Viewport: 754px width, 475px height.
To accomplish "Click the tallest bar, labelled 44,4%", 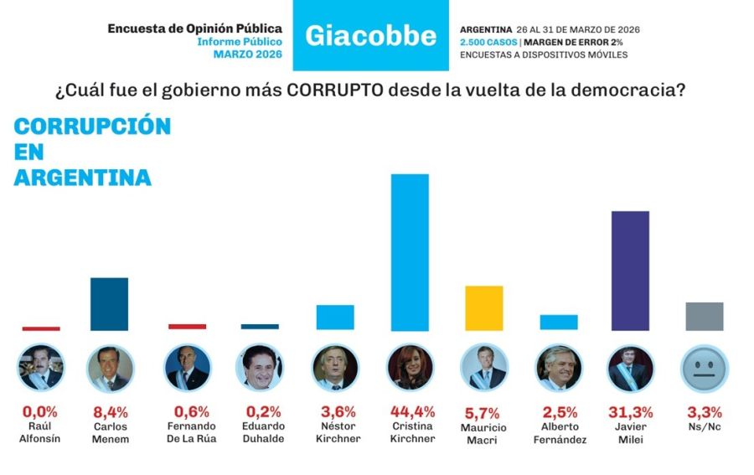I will tap(410, 252).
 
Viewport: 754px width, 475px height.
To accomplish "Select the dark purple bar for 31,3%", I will tap(630, 271).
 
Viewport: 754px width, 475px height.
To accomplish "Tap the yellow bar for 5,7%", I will tap(483, 307).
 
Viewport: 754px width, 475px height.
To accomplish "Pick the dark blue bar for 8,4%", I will tap(109, 303).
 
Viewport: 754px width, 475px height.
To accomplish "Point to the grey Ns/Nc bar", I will tap(704, 316).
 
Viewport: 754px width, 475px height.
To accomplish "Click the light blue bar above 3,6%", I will tap(335, 317).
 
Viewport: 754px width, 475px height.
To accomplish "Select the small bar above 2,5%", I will tap(559, 322).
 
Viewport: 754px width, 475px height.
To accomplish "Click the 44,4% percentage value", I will tap(410, 411).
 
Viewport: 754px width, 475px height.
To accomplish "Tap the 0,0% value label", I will tap(39, 411).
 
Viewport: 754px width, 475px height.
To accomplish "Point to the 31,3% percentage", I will tap(631, 411).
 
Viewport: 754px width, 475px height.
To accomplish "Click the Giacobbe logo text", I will tap(370, 35).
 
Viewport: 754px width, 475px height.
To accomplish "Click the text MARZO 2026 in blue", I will tap(247, 54).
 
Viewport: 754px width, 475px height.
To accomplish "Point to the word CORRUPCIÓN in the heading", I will tap(92, 126).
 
